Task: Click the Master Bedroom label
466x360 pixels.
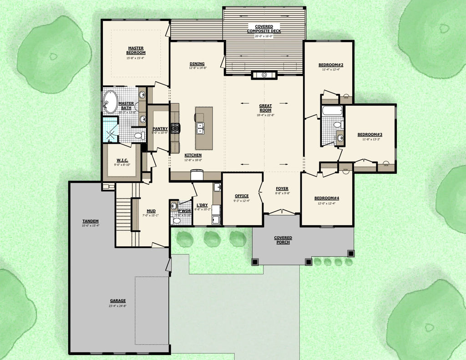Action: tap(136, 50)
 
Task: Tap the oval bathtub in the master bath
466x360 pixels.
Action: tap(110, 102)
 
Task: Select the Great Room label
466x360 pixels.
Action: tap(265, 108)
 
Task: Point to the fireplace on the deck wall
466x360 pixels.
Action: tap(264, 75)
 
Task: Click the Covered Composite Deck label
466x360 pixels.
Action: tap(264, 28)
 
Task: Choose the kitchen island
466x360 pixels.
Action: tap(203, 128)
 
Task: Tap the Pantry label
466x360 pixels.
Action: tap(160, 128)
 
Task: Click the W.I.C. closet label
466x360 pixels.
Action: tap(122, 160)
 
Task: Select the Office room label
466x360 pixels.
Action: tap(242, 196)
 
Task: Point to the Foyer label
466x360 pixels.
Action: tap(282, 188)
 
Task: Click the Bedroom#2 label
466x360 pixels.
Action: tap(331, 65)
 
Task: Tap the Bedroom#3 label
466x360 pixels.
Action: tap(370, 134)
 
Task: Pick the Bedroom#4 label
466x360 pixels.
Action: tap(327, 198)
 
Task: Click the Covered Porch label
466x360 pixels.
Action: tap(283, 240)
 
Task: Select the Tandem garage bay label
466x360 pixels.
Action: tap(91, 221)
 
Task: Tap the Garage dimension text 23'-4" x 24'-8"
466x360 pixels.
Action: tap(118, 306)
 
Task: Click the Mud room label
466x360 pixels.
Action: tap(152, 211)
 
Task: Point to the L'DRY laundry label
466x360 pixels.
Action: tap(203, 205)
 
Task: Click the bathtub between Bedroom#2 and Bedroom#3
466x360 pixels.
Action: tap(332, 111)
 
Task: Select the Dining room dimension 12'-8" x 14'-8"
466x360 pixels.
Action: tap(198, 68)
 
